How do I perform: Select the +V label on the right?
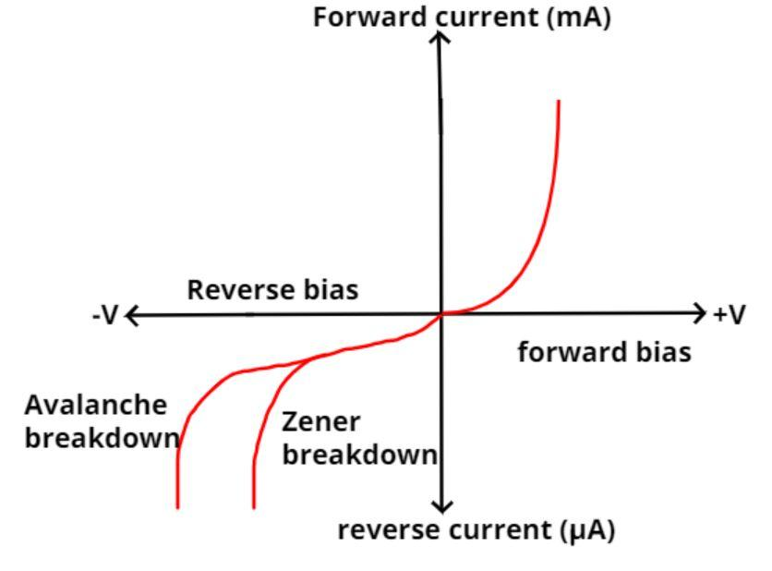(x=729, y=315)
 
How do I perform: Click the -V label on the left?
(x=105, y=315)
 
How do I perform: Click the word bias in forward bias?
(x=663, y=352)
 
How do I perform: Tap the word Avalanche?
(x=96, y=406)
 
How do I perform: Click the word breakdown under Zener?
(x=359, y=455)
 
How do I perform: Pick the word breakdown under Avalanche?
(x=102, y=438)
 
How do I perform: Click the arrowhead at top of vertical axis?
(x=442, y=36)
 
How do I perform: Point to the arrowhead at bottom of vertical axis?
(x=443, y=506)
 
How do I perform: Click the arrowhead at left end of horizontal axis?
(x=131, y=315)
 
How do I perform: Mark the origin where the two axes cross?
(x=442, y=314)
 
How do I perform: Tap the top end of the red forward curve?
(x=559, y=102)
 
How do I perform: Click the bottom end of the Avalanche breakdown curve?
(x=177, y=505)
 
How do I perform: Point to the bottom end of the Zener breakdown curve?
(x=254, y=505)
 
